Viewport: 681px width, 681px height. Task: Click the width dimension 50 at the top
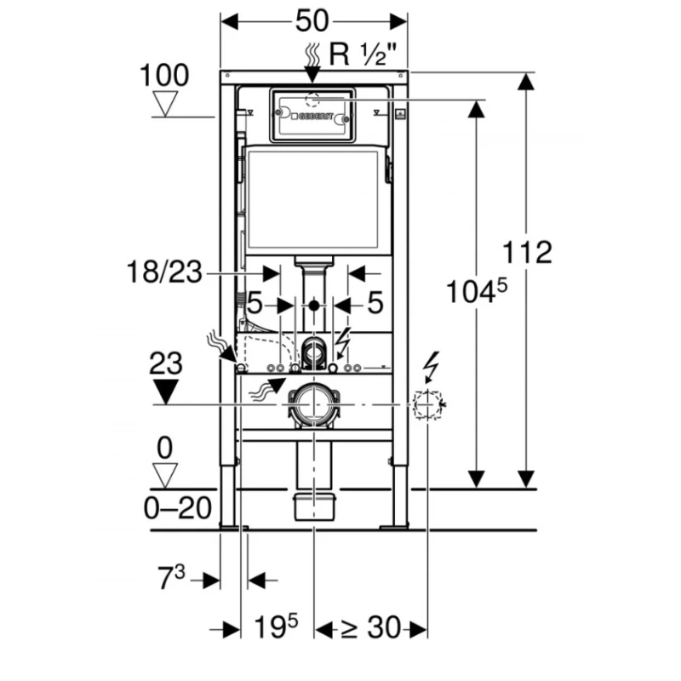313,18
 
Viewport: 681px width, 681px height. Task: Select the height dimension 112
527,252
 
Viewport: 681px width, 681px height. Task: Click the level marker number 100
164,75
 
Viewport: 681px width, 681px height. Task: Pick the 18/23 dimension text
167,273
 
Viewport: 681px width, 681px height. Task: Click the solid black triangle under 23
167,391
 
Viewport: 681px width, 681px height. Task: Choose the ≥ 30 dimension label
371,628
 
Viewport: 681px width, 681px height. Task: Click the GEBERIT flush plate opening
313,115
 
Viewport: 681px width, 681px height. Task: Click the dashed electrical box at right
427,405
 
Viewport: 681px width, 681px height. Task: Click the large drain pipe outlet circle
313,403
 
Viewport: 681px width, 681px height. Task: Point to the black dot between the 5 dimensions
314,304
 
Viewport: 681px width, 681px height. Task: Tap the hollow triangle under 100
164,105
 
